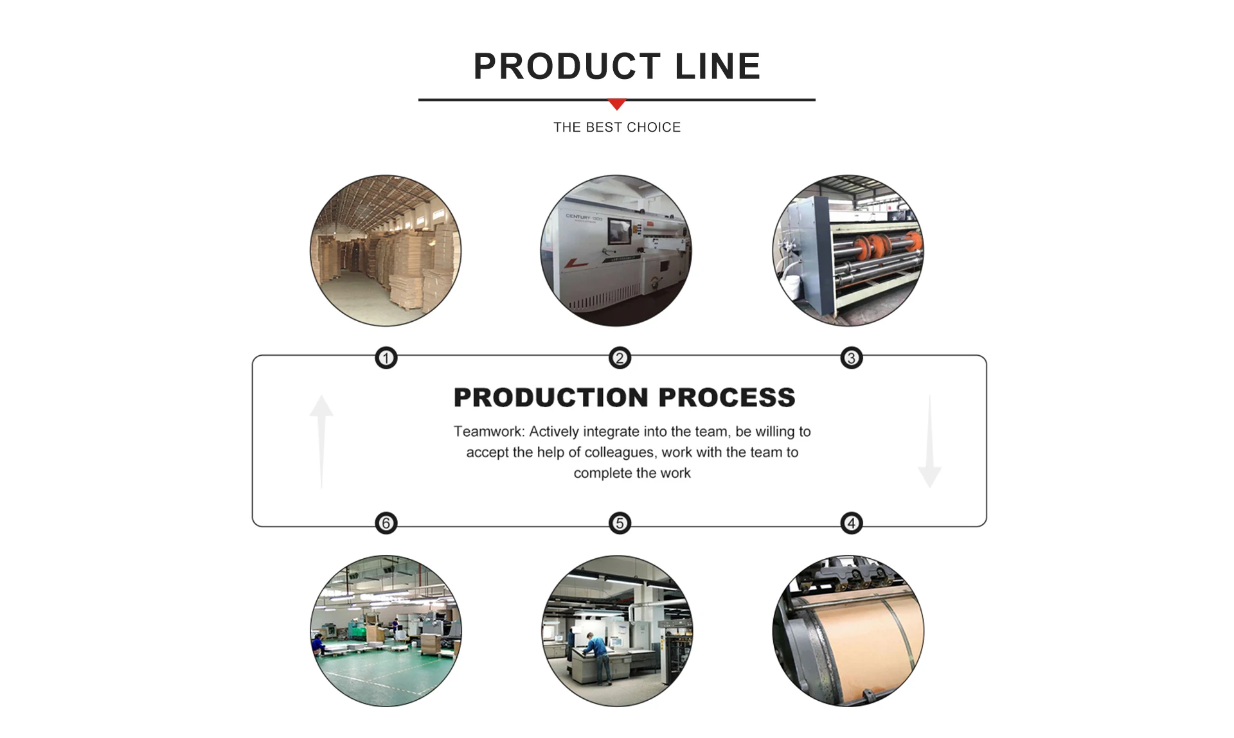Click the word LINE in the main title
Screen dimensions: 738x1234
pos(718,67)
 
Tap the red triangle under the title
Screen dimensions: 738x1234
pos(617,104)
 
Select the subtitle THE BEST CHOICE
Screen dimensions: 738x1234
pos(617,127)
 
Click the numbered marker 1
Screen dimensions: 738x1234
pos(386,358)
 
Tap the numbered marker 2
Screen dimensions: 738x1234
pos(620,358)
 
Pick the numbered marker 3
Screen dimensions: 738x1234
pos(852,358)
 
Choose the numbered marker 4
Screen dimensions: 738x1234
pos(852,523)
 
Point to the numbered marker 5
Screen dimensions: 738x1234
pos(620,523)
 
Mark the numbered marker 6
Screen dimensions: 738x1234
pos(386,523)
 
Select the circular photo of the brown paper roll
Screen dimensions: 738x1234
pos(848,631)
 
